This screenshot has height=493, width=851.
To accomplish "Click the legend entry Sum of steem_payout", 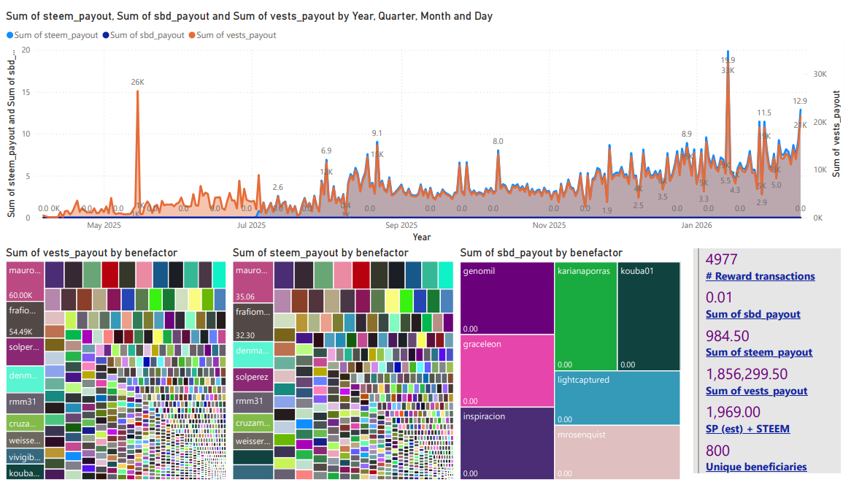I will click(x=54, y=34).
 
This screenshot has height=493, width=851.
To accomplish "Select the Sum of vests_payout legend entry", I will click(x=236, y=34).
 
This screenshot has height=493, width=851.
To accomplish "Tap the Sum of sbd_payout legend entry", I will click(x=147, y=34).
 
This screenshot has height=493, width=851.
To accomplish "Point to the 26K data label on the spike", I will click(x=137, y=83).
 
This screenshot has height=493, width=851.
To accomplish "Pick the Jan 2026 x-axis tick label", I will click(x=696, y=226).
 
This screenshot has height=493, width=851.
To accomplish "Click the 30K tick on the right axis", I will click(x=820, y=74).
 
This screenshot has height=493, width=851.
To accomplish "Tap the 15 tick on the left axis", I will click(x=26, y=92).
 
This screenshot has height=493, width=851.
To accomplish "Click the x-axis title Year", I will click(x=421, y=237).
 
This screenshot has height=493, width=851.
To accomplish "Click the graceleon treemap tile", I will click(x=507, y=369).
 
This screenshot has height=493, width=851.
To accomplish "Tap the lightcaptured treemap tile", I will click(x=617, y=398).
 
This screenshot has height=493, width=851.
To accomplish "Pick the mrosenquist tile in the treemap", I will click(x=617, y=452).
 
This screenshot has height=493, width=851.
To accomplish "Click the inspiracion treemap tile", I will click(x=507, y=443).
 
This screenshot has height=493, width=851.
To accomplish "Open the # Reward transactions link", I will click(x=760, y=276).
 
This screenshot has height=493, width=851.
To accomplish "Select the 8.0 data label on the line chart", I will click(x=498, y=141).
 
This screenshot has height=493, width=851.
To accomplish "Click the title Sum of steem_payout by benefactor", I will click(x=320, y=253).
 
